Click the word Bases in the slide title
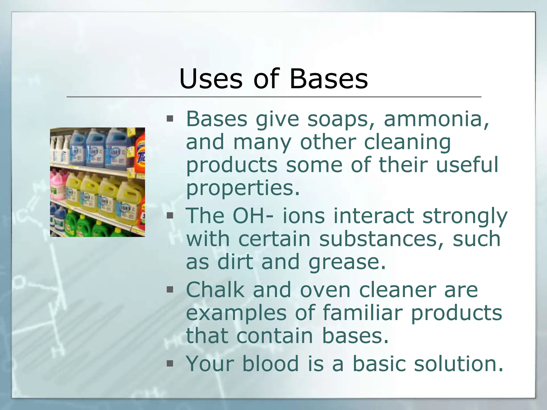click(329, 79)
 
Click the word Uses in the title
click(211, 79)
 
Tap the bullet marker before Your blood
click(170, 363)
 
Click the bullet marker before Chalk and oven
click(170, 289)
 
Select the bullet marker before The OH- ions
click(170, 215)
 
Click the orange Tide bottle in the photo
click(140, 155)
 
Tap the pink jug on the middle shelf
click(57, 186)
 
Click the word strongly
click(465, 216)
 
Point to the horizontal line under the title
click(273, 97)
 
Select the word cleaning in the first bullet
click(407, 142)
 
